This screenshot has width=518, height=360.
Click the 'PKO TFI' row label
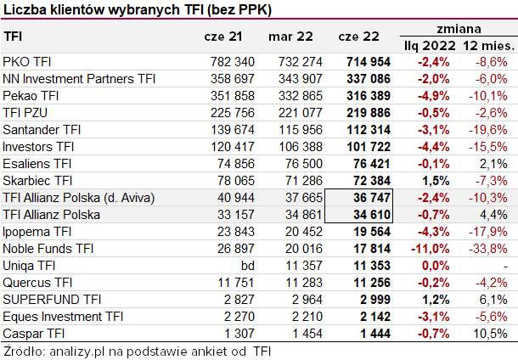click(27, 62)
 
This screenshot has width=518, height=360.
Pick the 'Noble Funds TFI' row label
click(48, 249)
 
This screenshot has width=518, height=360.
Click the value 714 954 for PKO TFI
click(368, 62)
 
